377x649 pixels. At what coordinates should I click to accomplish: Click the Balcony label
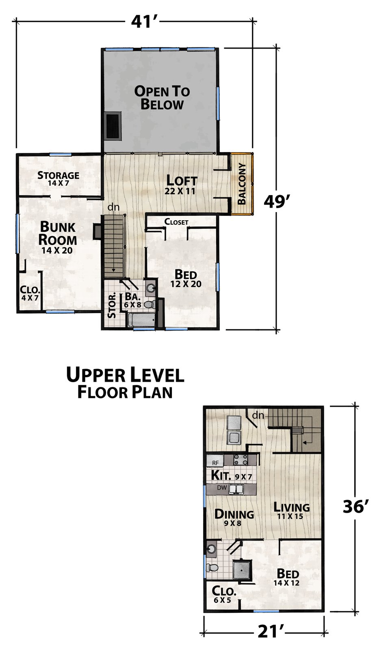tap(242, 184)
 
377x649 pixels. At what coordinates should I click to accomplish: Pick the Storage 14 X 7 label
tap(58, 178)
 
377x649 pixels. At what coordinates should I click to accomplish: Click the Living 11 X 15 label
tap(292, 511)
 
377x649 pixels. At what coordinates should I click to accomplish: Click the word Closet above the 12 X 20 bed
tap(176, 222)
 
